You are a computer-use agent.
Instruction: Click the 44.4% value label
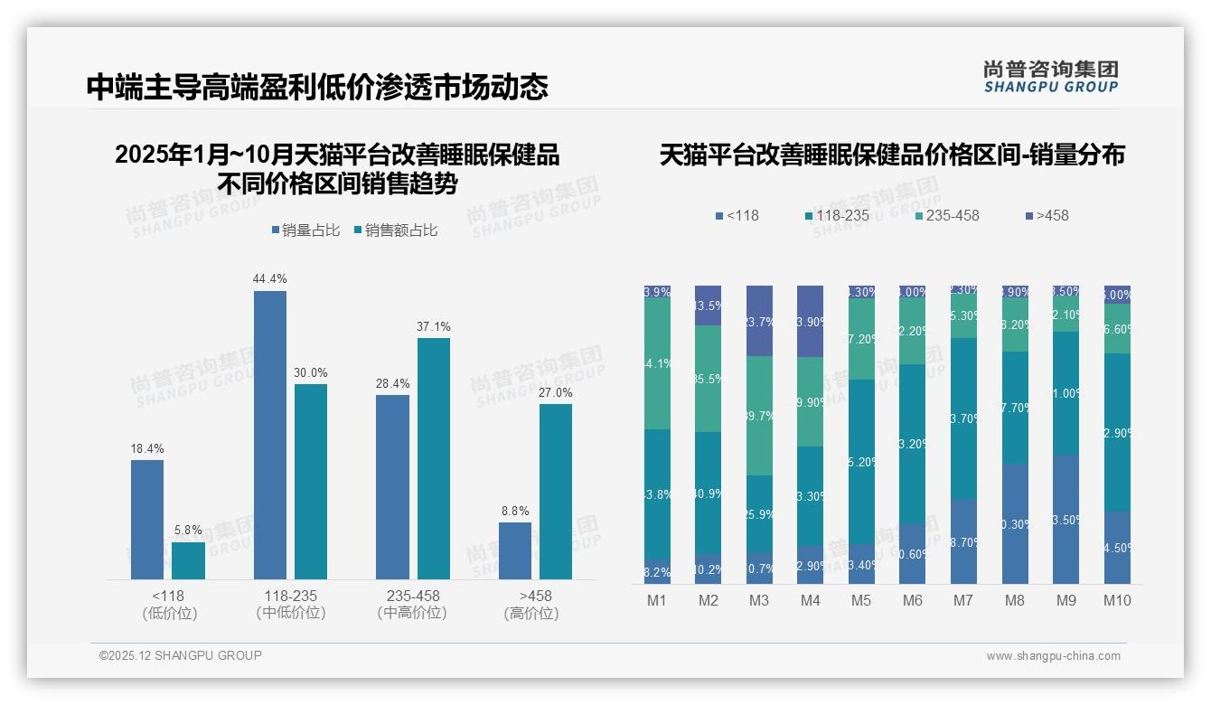click(x=270, y=278)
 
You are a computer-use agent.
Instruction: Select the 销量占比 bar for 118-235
click(x=270, y=434)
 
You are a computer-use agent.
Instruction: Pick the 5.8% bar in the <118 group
click(x=188, y=560)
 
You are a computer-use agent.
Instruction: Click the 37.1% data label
click(x=434, y=326)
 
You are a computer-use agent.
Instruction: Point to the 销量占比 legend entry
click(x=305, y=230)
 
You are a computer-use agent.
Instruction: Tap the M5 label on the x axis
click(x=861, y=600)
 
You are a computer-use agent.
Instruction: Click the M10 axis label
click(x=1118, y=600)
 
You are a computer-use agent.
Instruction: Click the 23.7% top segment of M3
click(x=759, y=321)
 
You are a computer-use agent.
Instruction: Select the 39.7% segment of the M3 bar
click(x=759, y=416)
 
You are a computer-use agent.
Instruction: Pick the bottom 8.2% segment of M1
click(x=657, y=571)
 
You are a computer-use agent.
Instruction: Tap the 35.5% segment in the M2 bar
click(x=709, y=379)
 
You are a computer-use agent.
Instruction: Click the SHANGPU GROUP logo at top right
click(x=1050, y=77)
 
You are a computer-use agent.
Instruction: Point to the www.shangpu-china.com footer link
click(x=1053, y=656)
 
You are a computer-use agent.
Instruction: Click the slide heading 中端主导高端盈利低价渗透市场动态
click(x=317, y=88)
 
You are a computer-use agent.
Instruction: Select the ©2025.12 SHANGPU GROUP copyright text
click(x=181, y=655)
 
